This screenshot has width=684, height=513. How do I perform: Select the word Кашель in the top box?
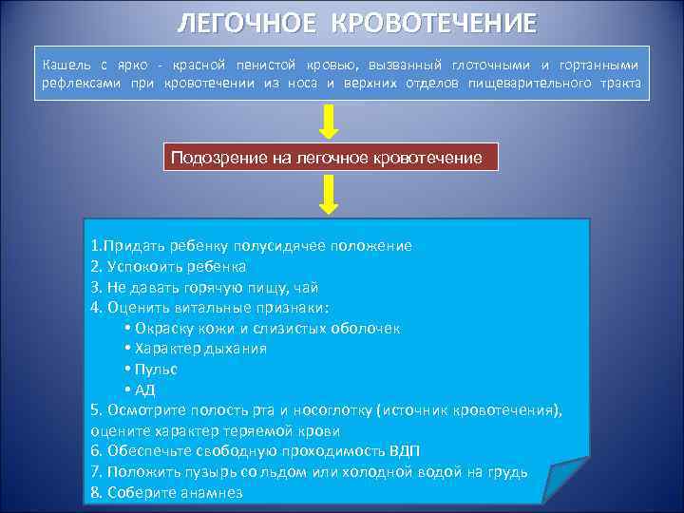pos(67,65)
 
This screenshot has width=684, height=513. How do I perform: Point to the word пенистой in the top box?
pos(271,65)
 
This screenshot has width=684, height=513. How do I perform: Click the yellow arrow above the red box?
pos(329,121)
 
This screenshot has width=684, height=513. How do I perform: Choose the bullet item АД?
pos(144,389)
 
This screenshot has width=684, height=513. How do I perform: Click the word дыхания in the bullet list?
pos(237,349)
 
